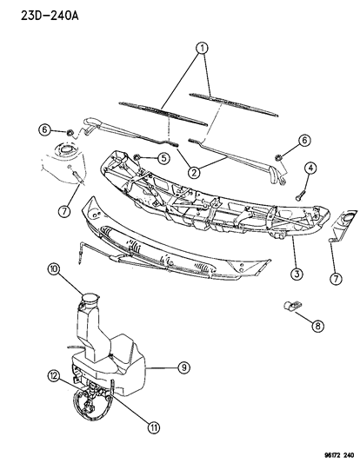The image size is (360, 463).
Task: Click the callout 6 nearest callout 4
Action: [304, 140]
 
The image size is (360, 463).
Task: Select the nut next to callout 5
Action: [138, 158]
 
